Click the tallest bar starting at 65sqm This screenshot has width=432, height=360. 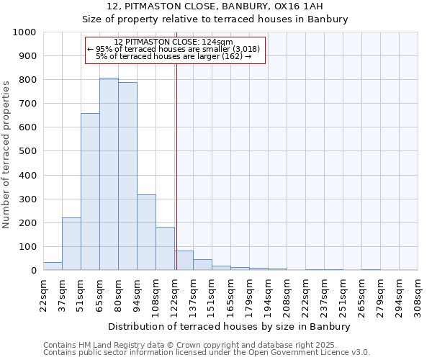(109, 174)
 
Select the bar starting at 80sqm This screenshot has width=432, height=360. (127, 176)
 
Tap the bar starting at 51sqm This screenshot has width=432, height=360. (90, 192)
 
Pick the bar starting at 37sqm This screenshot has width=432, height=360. (71, 243)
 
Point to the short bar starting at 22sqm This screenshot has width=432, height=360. (53, 266)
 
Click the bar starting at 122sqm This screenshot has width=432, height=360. (184, 261)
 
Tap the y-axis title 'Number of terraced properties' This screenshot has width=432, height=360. (6, 155)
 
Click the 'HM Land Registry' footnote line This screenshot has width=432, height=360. (205, 345)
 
